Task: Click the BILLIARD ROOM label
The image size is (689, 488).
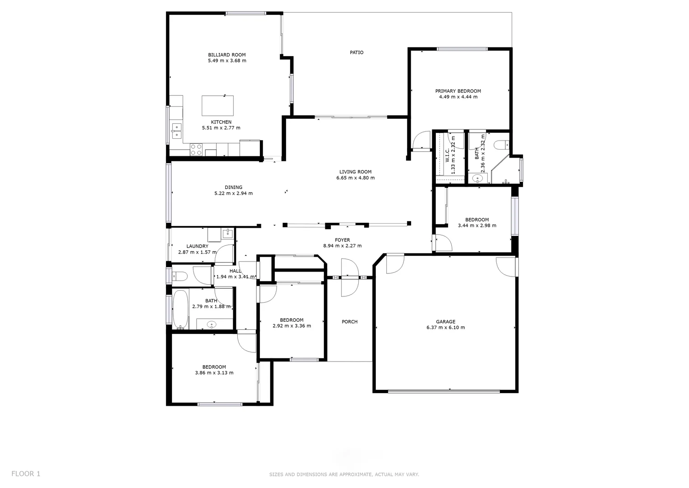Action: click(x=227, y=55)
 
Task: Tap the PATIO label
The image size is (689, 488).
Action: click(x=356, y=52)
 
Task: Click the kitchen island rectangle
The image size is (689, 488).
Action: click(x=218, y=106)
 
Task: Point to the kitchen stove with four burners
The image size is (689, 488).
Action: click(x=196, y=150)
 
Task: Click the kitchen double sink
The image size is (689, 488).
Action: click(x=176, y=131)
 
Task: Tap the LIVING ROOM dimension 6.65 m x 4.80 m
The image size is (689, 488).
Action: click(x=355, y=178)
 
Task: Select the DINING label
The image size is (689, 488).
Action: click(x=233, y=187)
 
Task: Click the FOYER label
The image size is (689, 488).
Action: click(x=342, y=240)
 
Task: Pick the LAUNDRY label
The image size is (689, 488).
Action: click(x=197, y=246)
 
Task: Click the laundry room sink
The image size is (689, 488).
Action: click(x=228, y=234)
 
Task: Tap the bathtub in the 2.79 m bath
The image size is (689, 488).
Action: click(x=180, y=309)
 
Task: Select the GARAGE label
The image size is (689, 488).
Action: click(x=445, y=322)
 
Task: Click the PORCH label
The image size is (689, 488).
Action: click(x=349, y=322)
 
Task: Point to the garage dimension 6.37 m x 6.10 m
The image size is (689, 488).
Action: click(x=445, y=328)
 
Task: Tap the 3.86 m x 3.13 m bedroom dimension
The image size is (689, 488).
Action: click(x=214, y=373)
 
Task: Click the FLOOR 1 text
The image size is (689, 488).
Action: click(x=26, y=474)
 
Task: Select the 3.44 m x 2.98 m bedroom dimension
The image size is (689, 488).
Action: click(x=477, y=225)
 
